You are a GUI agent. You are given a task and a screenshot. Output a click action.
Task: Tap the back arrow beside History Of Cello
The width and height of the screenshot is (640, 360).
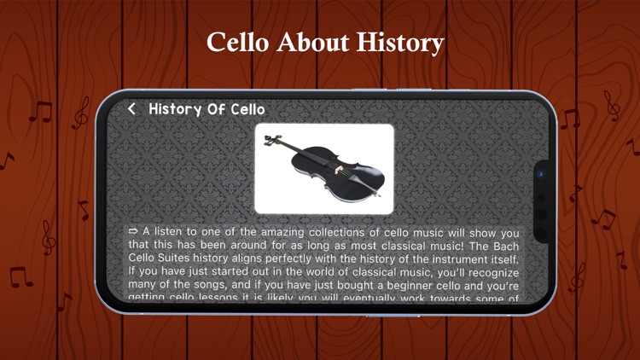pyautogui.click(x=132, y=109)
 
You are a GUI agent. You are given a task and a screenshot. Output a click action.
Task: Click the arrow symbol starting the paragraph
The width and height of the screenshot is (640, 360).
pyautogui.click(x=133, y=231)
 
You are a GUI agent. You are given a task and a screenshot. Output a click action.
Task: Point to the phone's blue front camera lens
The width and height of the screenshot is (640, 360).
pyautogui.click(x=539, y=173)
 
